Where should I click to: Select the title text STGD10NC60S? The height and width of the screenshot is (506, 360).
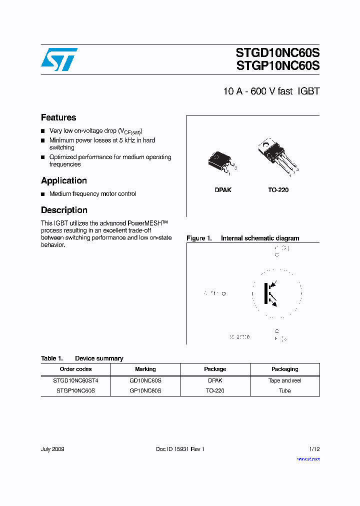[277, 53]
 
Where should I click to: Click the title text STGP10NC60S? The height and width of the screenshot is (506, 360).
[277, 66]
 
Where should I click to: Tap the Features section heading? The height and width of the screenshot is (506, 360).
[58, 117]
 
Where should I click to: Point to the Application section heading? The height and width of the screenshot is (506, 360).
[64, 180]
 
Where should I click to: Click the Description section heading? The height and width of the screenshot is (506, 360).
[64, 210]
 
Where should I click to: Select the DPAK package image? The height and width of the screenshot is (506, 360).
[220, 161]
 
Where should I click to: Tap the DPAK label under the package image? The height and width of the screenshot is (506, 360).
[223, 190]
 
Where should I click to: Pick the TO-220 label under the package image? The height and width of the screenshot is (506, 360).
[278, 190]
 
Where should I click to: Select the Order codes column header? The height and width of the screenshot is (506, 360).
[75, 369]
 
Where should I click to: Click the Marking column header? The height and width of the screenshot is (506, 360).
[145, 369]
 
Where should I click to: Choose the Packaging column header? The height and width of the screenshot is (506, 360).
[284, 369]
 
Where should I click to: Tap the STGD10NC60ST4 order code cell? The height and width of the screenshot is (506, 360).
[75, 380]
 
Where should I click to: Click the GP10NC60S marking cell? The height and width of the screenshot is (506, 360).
[145, 390]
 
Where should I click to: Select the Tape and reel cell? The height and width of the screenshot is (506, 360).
[284, 380]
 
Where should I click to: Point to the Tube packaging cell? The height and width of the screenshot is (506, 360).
[284, 390]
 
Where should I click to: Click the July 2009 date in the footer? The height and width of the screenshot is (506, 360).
[52, 449]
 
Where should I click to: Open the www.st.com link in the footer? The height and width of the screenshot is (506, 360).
[308, 458]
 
